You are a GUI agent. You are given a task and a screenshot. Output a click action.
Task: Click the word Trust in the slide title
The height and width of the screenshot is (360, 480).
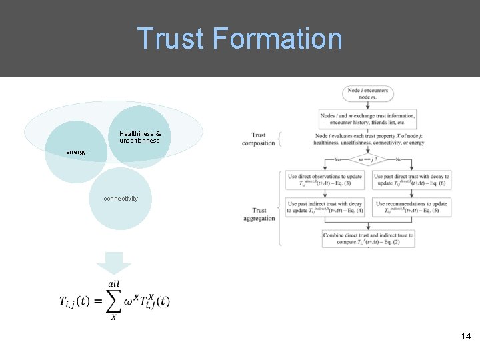[x=171, y=39]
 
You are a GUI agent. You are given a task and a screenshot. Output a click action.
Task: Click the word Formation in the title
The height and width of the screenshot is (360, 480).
[x=277, y=39]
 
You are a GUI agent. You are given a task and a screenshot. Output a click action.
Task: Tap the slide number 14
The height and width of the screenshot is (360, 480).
[x=465, y=337]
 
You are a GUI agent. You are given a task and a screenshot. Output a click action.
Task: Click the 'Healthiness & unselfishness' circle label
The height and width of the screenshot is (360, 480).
[x=140, y=137]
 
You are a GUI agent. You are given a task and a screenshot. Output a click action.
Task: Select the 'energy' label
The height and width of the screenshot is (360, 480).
[x=76, y=152]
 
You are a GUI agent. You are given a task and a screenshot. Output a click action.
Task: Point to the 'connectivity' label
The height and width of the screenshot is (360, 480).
[x=121, y=199]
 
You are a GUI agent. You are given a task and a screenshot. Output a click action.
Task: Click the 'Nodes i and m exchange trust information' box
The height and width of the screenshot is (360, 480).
[x=367, y=119]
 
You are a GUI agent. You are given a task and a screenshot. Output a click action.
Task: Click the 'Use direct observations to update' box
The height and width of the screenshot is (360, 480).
[x=325, y=180]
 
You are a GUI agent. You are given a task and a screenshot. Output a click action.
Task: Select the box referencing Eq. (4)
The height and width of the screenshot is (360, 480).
[x=325, y=207]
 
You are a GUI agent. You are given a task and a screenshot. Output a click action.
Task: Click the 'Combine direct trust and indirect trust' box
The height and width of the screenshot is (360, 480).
[x=367, y=239]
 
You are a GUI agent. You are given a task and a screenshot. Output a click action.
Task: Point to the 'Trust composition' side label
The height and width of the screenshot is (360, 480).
[x=259, y=139]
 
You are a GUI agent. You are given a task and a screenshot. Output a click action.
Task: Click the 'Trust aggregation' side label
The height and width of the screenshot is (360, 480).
[x=259, y=215]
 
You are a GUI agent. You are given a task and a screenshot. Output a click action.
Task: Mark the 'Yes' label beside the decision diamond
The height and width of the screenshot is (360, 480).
[x=339, y=160]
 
